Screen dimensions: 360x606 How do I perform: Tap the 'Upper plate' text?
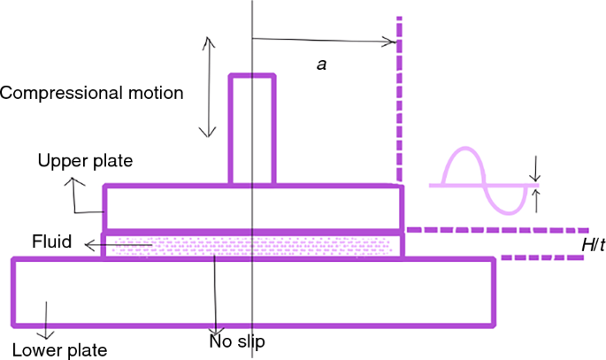[85, 161]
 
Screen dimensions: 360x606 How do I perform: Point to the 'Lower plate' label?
[59, 350]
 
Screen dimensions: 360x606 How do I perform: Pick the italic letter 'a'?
[322, 64]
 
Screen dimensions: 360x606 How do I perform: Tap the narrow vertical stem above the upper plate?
[244, 129]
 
